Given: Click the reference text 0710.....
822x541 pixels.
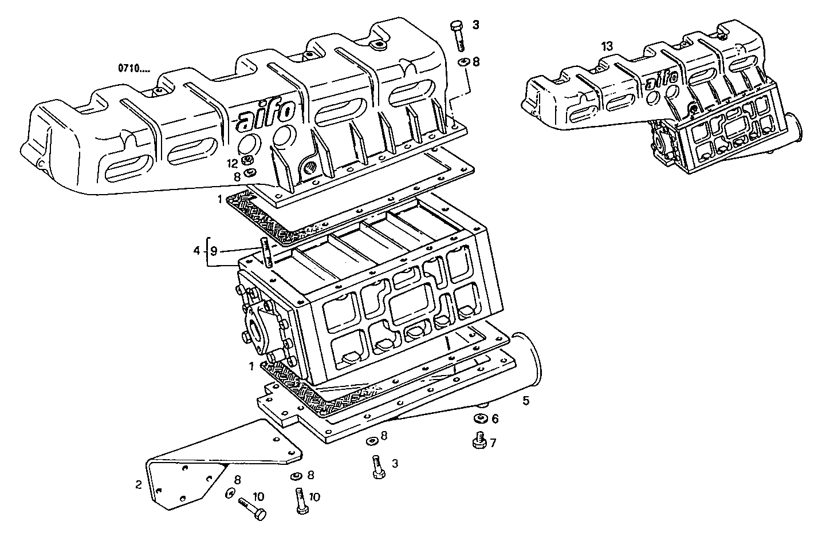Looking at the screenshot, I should click(x=133, y=68).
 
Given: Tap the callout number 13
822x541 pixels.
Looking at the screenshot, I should click(x=607, y=46).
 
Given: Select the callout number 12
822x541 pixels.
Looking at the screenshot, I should click(x=231, y=163).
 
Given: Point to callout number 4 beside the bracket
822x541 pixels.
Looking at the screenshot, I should click(x=196, y=251).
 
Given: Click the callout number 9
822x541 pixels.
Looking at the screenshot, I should click(x=214, y=251).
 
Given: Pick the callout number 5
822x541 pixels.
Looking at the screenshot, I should click(x=525, y=401).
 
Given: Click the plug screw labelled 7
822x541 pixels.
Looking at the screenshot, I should click(x=478, y=442).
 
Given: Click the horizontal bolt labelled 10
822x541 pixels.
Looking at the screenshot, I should click(x=251, y=509).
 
